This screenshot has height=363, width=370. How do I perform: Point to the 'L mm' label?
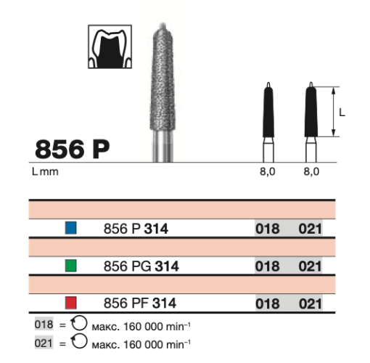(45, 172)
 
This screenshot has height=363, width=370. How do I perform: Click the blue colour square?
(70, 228)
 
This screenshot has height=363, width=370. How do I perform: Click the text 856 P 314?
(136, 229)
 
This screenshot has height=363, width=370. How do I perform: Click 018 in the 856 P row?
(268, 229)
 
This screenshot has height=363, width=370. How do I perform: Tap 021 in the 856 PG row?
(310, 266)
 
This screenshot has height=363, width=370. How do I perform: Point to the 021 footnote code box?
(43, 340)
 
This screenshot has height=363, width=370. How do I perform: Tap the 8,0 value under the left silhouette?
(268, 172)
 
